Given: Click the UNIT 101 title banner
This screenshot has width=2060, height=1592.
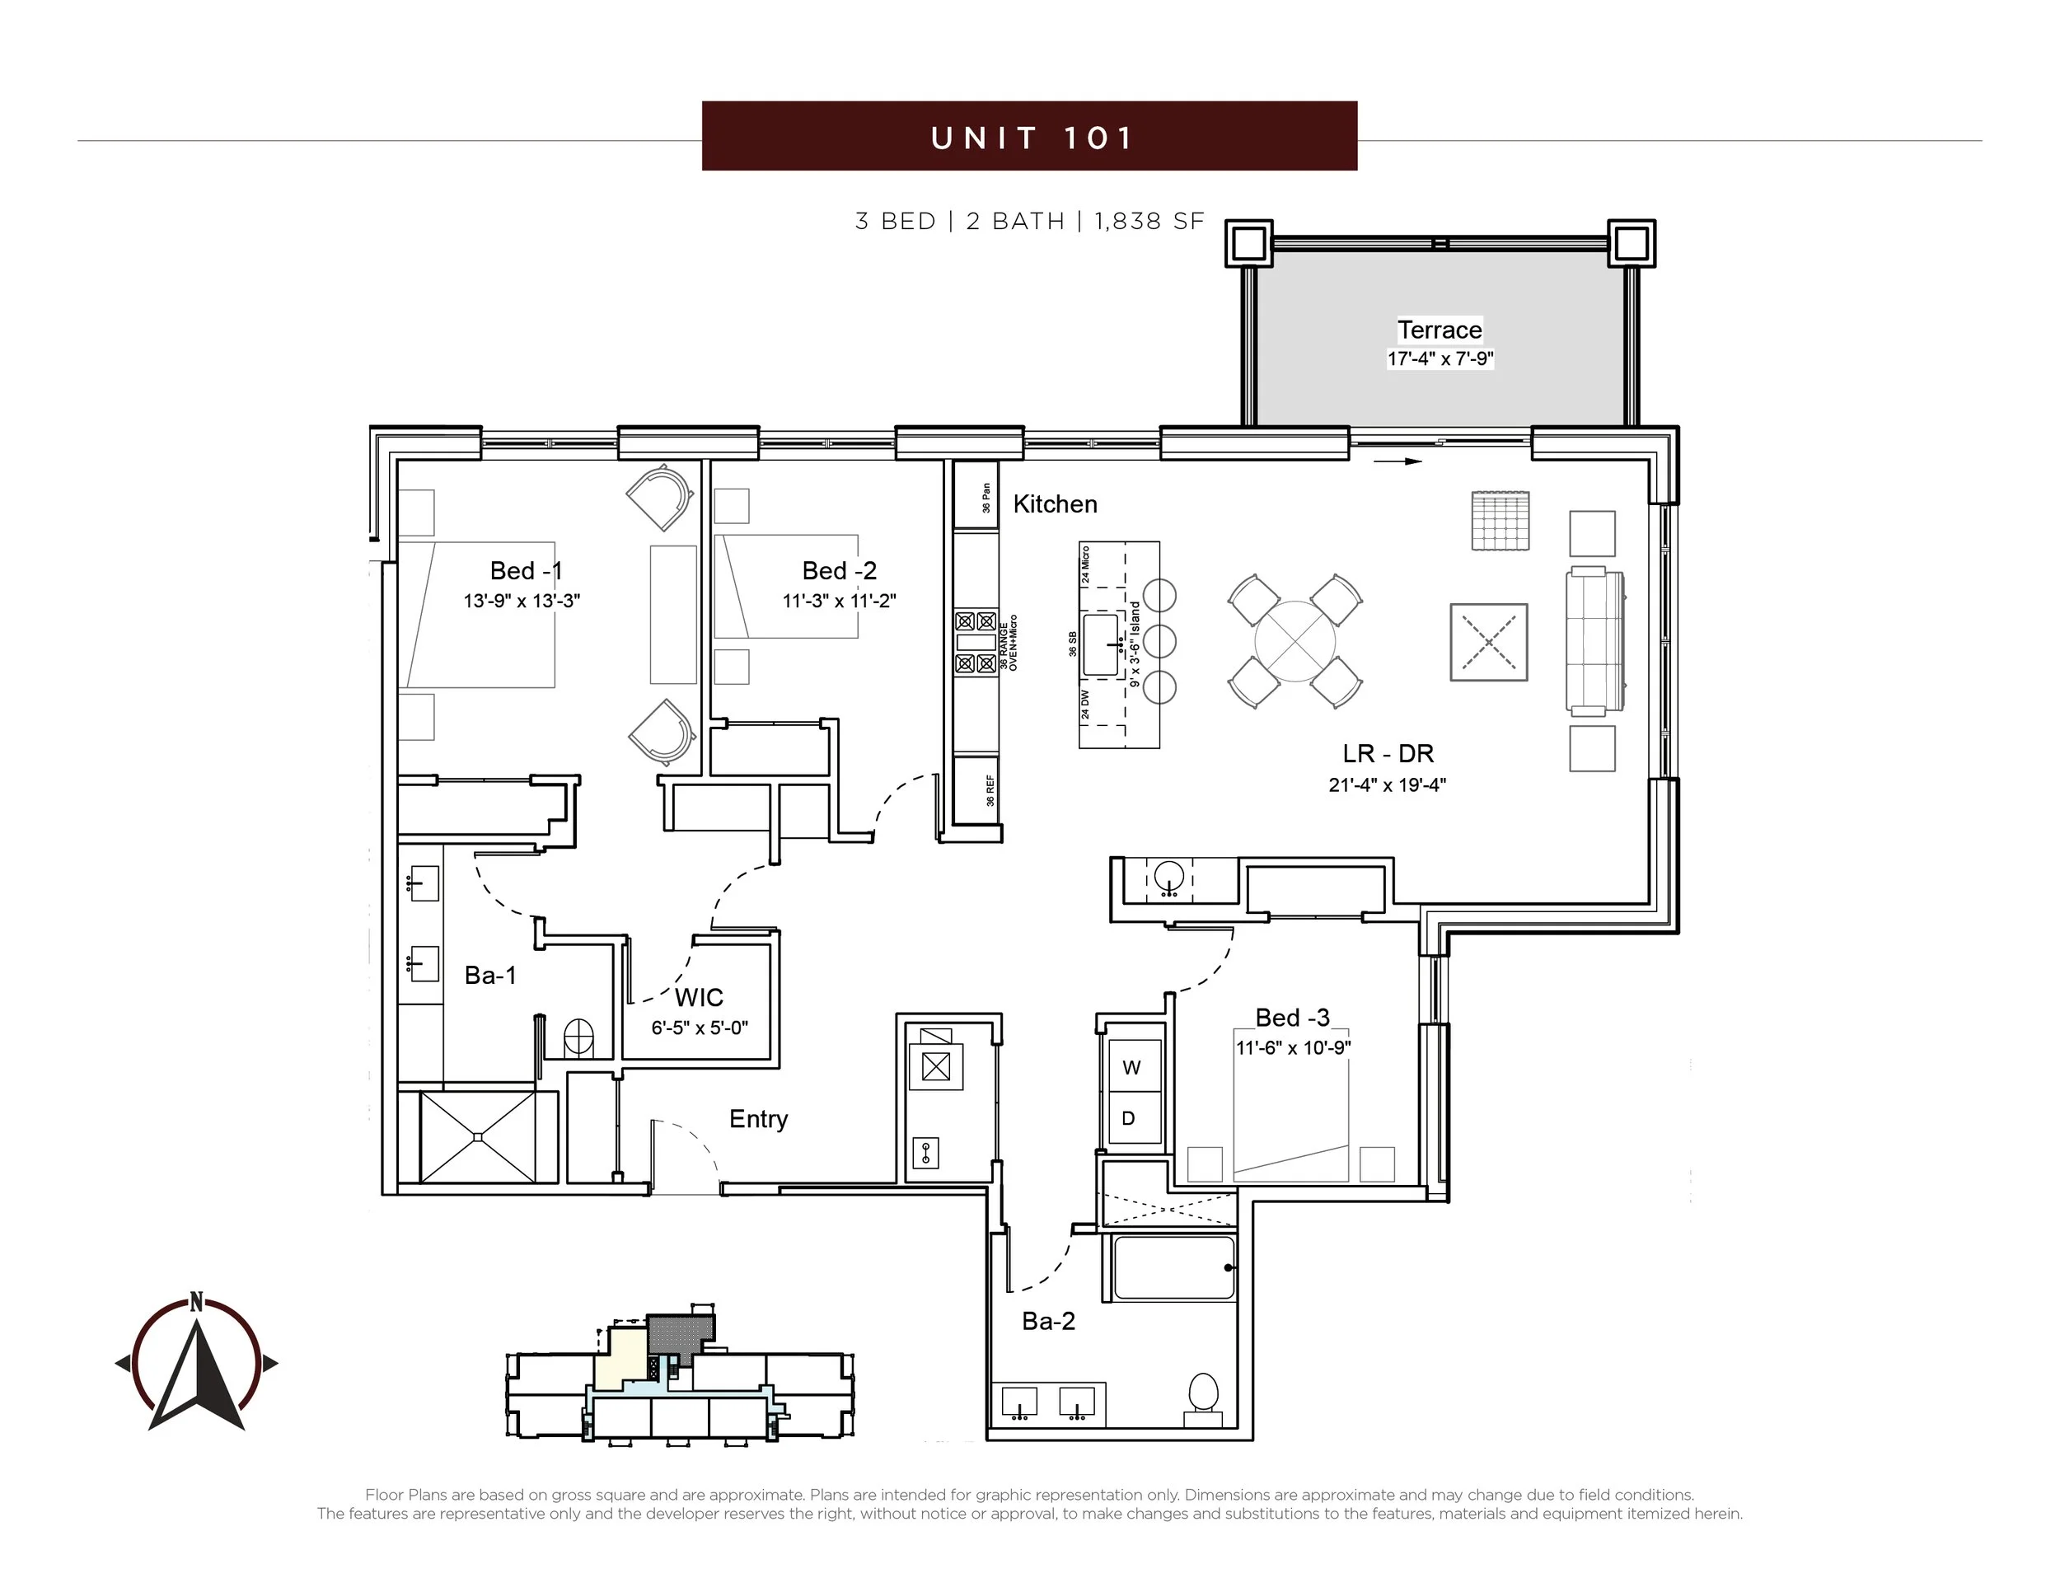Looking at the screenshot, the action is (1029, 136).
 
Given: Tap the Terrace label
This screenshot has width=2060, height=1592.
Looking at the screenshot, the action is (1440, 330).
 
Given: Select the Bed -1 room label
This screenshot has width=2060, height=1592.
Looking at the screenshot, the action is (526, 570).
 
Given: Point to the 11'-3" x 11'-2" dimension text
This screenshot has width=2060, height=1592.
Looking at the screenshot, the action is (839, 601).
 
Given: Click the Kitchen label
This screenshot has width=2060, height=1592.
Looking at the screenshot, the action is (1055, 503).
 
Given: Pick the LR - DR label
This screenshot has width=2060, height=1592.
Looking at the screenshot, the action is (1388, 753).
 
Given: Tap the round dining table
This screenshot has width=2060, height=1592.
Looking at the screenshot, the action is (1295, 641).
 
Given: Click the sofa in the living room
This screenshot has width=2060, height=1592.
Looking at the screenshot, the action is (1595, 640).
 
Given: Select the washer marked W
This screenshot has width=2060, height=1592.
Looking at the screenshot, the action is (1134, 1065).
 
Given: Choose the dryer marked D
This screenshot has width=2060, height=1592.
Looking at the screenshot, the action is (1134, 1117).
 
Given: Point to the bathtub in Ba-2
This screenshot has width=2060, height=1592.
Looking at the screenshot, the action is (1174, 1267).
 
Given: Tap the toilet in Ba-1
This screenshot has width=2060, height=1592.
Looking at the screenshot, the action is (578, 1037).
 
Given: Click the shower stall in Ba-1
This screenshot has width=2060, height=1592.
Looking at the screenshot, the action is (477, 1136).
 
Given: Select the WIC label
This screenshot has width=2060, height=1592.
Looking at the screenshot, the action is (699, 997).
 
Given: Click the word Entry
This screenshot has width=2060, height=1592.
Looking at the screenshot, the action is (758, 1120).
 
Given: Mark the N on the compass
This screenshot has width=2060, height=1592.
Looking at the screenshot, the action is (196, 1301).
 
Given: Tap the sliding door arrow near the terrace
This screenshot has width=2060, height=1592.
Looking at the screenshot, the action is (1397, 461).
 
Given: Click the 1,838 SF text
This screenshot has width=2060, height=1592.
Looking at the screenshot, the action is (1149, 222).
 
